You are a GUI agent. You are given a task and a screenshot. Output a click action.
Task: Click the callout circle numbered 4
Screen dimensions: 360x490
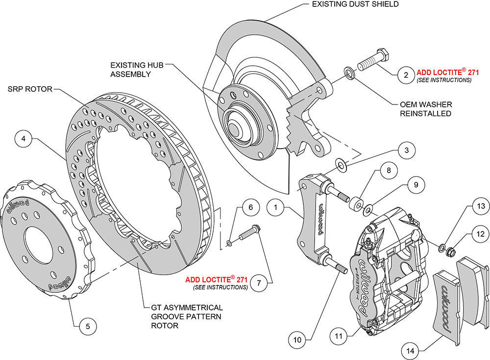pos(23,139)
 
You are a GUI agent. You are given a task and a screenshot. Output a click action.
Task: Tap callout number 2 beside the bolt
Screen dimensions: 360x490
pos(406,75)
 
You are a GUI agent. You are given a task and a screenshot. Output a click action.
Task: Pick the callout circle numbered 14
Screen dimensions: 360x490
pos(411,350)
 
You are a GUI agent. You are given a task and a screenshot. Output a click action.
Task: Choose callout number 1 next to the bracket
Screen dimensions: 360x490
pos(276,208)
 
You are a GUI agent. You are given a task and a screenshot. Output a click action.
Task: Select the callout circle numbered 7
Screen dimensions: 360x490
pos(259,283)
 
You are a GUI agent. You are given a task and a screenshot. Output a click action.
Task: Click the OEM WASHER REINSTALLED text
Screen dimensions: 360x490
pos(425,109)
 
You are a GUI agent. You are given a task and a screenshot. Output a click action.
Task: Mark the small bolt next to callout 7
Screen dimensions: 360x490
pos(249,232)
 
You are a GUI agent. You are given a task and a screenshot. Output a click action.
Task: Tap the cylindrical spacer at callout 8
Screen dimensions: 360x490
pos(355,203)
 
